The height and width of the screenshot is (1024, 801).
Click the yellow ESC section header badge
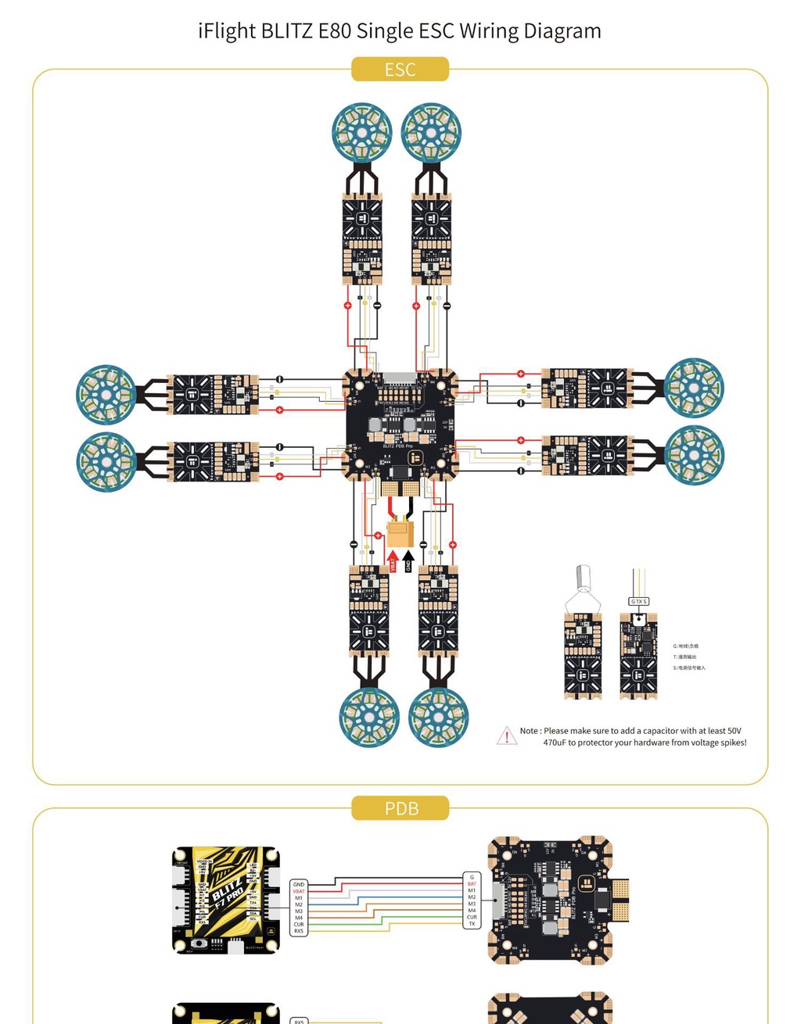click(x=400, y=70)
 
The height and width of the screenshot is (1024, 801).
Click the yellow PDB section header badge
click(x=400, y=808)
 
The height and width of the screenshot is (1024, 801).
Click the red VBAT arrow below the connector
click(x=393, y=561)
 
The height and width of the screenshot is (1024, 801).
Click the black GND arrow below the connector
click(x=408, y=561)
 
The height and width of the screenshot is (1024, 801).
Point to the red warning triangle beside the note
click(x=506, y=736)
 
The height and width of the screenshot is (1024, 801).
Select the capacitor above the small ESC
click(x=583, y=578)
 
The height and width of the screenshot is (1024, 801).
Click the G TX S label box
click(x=638, y=601)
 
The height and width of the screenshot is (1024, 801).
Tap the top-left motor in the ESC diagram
click(x=361, y=132)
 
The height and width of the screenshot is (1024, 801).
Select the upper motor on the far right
click(x=694, y=388)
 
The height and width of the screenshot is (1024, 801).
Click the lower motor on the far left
click(x=106, y=462)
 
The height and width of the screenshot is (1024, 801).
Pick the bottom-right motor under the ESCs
click(x=438, y=717)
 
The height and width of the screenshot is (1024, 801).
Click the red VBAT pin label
click(x=299, y=891)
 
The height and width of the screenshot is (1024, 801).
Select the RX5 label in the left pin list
click(x=299, y=931)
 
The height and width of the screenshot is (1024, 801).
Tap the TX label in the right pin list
click(x=472, y=924)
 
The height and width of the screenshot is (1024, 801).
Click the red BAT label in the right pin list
click(x=472, y=884)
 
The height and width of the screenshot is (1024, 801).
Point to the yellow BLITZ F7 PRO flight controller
click(x=226, y=900)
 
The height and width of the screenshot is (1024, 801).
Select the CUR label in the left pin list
click(x=299, y=925)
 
